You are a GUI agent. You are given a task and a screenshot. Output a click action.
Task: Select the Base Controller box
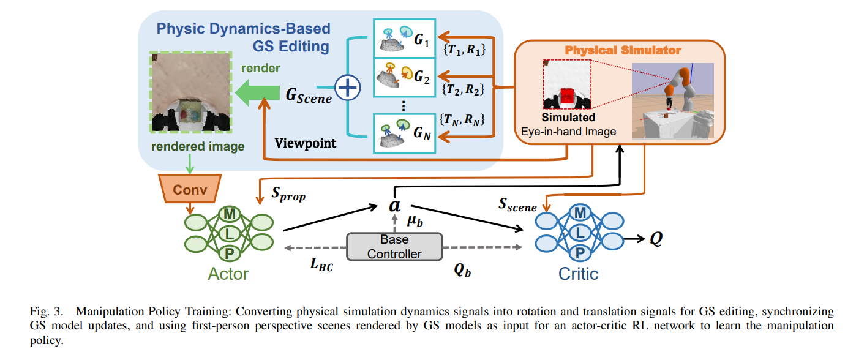[x=394, y=246]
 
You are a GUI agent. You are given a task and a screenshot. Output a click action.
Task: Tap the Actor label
[x=228, y=273]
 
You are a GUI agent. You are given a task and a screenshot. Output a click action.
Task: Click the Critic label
[x=578, y=274]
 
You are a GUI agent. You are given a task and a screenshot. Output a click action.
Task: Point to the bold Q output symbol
[x=656, y=239]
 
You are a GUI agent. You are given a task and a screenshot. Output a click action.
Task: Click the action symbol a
[x=394, y=206]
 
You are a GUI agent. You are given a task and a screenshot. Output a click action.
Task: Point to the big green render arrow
[x=257, y=96]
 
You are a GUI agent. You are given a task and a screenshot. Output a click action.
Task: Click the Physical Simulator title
[x=622, y=49]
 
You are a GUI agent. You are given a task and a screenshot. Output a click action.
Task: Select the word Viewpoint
[x=305, y=143]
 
